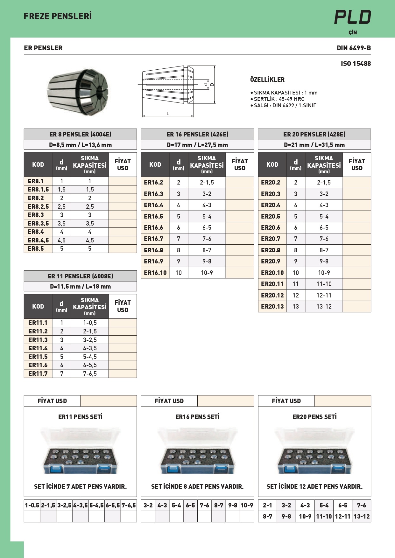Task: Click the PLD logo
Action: pos(352,17)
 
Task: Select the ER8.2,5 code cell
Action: pos(38,206)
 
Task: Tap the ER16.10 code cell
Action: pos(155,273)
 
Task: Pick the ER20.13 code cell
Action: pos(272,306)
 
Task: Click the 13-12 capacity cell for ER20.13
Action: pos(324,306)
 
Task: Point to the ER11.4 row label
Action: pos(38,348)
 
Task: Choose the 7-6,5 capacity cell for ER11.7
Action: pos(90,373)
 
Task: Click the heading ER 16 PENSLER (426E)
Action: pos(197,134)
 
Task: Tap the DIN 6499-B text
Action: pos(354,48)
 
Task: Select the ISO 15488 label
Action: pos(356,64)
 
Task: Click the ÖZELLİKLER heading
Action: pos(267,80)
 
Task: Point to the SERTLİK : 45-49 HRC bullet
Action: pos(279,99)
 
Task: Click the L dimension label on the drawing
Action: pos(168,114)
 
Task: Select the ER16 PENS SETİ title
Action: pos(197,417)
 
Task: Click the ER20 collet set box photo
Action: pos(314,451)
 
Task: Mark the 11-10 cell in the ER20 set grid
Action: pos(324,516)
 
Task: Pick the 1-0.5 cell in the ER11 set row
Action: pos(32,505)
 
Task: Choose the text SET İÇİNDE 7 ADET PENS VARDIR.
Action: pos(80,486)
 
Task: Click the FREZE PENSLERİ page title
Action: pos(58,16)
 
